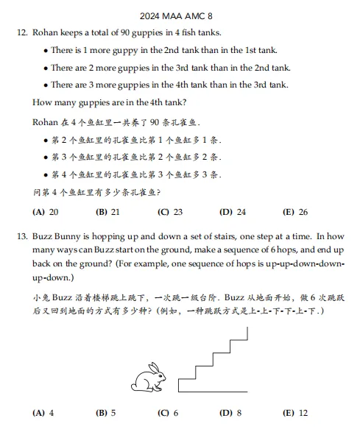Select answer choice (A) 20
coord(46,212)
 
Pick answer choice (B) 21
coord(107,212)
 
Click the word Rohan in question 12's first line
coord(47,33)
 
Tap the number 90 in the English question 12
coord(134,33)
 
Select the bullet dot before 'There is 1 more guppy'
coord(45,51)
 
